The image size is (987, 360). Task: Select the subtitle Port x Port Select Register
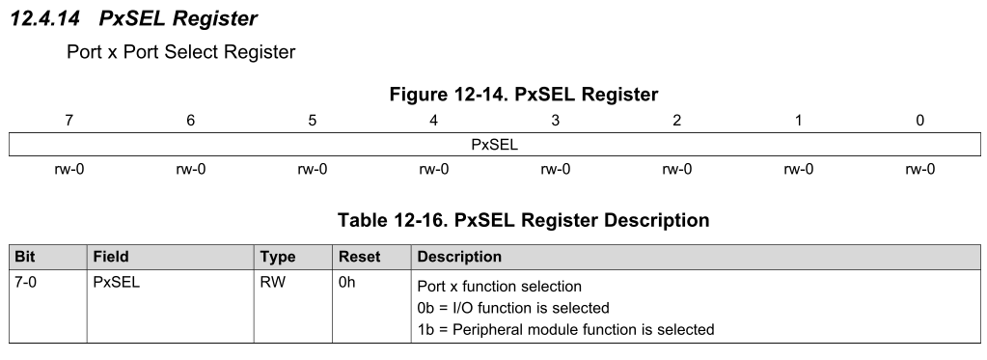(180, 52)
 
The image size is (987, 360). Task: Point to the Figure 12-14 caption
(524, 95)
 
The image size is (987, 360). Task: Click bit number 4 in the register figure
(433, 120)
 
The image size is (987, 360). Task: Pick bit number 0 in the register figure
(919, 120)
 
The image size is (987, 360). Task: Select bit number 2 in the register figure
(676, 120)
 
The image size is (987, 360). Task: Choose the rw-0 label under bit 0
(919, 170)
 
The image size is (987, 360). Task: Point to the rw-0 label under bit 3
(555, 170)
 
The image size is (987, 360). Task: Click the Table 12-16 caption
(524, 221)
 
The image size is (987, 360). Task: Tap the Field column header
(111, 258)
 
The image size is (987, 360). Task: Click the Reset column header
(359, 258)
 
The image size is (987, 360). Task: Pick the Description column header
(458, 258)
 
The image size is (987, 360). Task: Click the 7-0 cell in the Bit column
(23, 285)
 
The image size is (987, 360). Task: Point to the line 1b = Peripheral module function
(565, 329)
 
